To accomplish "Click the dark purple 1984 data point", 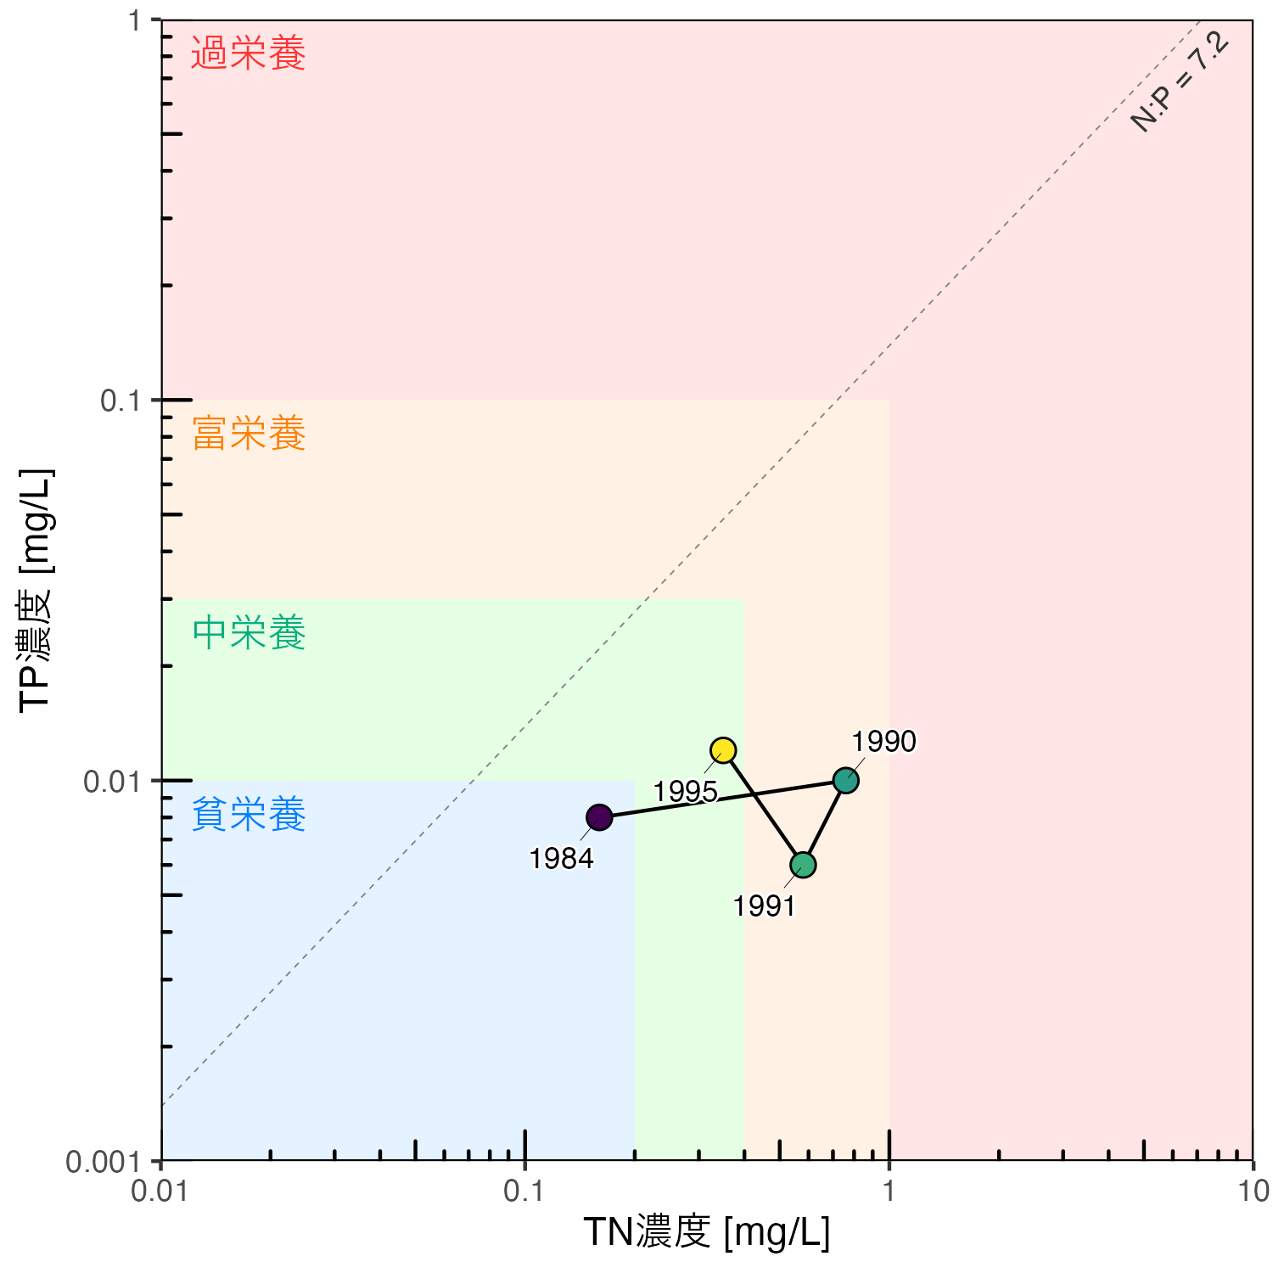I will coord(599,817).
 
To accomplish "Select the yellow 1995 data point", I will coord(723,750).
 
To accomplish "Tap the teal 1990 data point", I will coord(845,780).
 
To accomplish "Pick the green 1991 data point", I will coord(803,865).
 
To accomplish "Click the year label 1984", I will coord(561,859).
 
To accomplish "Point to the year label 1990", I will coord(884,742).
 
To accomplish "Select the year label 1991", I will coord(765,906).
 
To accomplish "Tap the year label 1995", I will coord(685,792).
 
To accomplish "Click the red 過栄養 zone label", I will coord(248,53).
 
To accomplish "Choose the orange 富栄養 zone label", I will coord(249,434).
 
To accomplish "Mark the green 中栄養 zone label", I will coord(249,633).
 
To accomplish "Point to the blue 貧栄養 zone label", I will coord(249,815).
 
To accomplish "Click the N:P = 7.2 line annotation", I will coord(1180,81).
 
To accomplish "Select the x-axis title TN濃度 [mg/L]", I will coord(706,1232).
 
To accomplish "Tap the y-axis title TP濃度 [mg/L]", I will coord(36,590).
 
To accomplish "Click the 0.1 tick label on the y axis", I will coord(121,401).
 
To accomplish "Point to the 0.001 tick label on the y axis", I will coord(103,1162).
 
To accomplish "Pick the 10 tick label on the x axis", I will coord(1253,1191).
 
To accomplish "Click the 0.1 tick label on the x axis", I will coord(524,1191).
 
